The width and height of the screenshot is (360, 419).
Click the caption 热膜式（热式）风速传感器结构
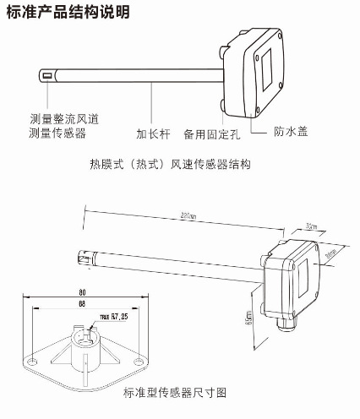180,163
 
